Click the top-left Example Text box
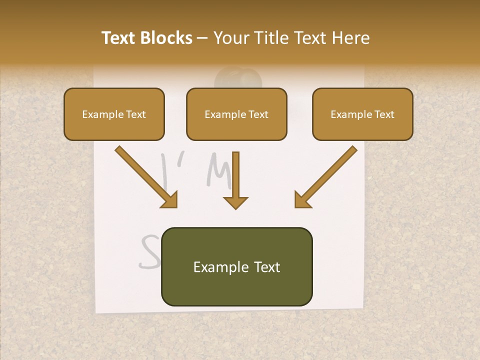point(114,114)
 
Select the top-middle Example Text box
point(236,114)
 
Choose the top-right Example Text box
point(362,114)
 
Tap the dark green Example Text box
point(236,267)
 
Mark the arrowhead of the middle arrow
point(235,201)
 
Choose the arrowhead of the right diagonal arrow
point(302,200)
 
